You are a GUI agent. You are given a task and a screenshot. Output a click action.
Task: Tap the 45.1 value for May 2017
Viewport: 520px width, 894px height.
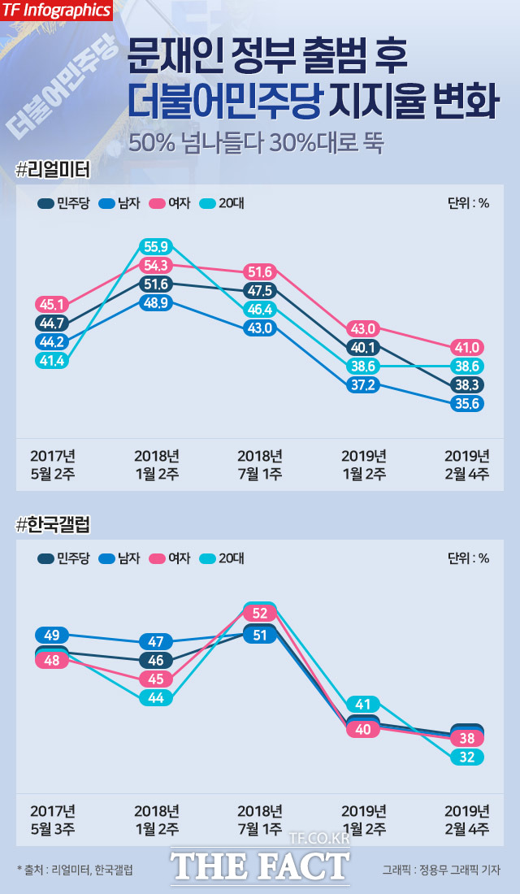click(51, 305)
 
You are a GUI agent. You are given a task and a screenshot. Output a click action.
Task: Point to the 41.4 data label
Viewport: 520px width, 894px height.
click(51, 361)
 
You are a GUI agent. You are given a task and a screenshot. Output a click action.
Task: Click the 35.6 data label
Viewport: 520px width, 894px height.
click(467, 403)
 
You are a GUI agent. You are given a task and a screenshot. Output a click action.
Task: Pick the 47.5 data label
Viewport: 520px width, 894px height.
click(260, 291)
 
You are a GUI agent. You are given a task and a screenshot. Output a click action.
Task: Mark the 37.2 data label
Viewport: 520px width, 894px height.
click(363, 384)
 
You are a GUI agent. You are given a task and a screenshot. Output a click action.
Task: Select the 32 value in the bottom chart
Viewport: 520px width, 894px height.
click(467, 757)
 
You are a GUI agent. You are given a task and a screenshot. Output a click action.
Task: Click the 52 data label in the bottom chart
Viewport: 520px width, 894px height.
click(260, 613)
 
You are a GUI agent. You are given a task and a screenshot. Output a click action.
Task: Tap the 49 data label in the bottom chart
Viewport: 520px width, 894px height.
click(51, 635)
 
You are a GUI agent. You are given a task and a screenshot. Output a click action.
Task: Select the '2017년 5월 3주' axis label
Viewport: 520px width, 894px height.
click(52, 819)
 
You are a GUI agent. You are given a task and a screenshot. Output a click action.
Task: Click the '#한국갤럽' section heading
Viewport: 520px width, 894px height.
click(53, 525)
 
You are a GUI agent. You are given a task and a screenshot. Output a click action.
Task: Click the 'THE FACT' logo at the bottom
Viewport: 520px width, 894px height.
click(260, 865)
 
